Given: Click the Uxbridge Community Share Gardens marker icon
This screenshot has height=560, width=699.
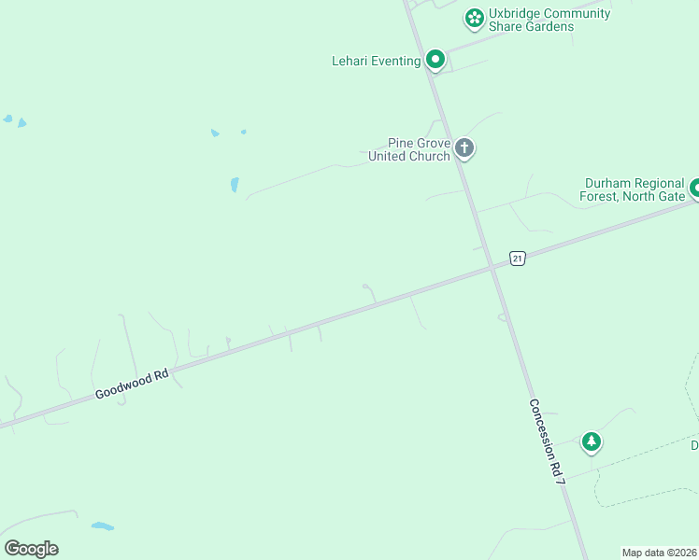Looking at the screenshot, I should coord(474,18).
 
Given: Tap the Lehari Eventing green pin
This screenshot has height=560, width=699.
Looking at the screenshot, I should coord(435,60).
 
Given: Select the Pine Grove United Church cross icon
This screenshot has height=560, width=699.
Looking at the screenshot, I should coord(464,147).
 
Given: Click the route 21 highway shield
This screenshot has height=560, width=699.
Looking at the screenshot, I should coord(518,258).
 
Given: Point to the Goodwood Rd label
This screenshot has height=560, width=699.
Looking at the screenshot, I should coord(132,384).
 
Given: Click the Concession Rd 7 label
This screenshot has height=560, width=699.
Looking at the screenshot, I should coord(548,441).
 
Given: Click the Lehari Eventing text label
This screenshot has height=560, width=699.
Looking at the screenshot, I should coord(376,62).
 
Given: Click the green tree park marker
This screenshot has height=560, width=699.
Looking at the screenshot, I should coord(591,441).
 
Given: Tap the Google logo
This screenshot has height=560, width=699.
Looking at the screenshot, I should coord(31,549).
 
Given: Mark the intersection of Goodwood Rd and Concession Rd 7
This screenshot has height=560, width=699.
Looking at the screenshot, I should coord(492,269).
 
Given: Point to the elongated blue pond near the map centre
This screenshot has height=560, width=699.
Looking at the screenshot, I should coord(235,185).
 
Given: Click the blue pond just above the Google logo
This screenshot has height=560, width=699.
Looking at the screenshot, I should coord(103,526).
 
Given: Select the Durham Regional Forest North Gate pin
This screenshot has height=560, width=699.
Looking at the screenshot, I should coord(694,189).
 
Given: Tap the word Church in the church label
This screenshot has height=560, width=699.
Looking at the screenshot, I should coord(429,156).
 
